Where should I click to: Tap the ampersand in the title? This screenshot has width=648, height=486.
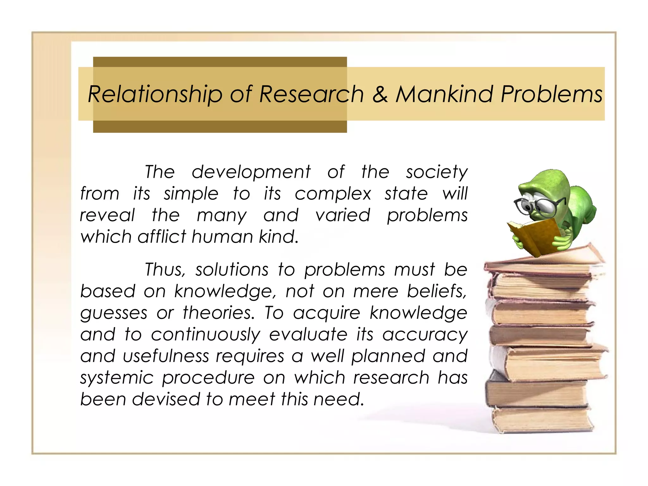pos(380,94)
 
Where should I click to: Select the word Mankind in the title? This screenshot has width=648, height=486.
pos(444,94)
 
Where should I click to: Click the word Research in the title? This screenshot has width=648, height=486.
pos(311,94)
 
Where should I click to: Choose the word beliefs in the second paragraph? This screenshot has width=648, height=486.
pos(437,291)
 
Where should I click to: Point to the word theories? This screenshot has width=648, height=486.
pos(219,313)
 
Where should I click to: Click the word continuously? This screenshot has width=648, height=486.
pos(206,335)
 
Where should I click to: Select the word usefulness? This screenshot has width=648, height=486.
pos(166,356)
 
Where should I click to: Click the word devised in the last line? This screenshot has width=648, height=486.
pos(166,399)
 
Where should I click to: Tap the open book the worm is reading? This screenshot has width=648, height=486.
pos(535,236)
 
